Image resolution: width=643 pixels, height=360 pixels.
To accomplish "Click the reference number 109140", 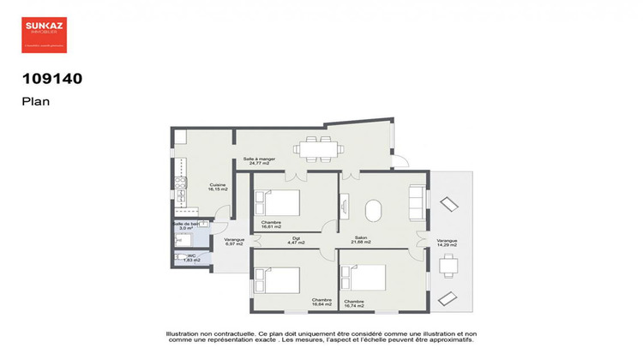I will click(51, 79).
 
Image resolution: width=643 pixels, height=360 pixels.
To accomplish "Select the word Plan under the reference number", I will click(36, 100).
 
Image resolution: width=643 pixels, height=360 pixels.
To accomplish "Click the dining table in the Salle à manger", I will click(318, 149).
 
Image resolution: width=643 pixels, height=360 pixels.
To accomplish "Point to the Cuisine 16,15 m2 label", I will click(218, 188).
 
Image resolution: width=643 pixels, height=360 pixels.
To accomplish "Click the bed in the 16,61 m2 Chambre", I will click(277, 204).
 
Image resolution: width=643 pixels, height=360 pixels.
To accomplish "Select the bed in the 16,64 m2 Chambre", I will click(277, 282).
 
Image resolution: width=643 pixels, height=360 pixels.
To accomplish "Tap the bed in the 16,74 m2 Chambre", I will click(364, 279).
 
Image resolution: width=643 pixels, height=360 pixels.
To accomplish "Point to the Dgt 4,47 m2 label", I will click(296, 241).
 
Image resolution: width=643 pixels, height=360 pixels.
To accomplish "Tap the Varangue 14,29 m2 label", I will click(447, 243).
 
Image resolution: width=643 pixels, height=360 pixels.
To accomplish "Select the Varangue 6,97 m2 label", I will click(234, 242).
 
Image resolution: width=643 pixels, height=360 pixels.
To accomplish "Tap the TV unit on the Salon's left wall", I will click(345, 206).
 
